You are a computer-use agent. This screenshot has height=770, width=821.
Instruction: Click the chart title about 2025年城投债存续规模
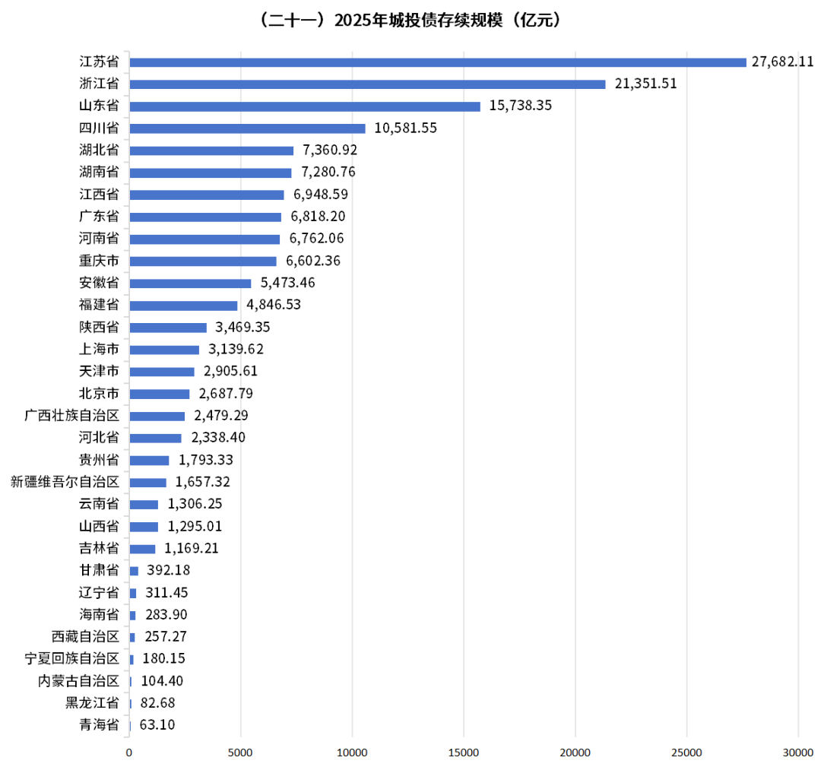click(410, 21)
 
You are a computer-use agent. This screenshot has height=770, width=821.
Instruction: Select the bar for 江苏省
click(438, 62)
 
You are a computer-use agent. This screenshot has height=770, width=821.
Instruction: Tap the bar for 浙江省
click(367, 84)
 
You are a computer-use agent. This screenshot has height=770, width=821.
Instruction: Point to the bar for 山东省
click(305, 106)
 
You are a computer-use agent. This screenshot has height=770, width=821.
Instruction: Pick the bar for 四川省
click(247, 128)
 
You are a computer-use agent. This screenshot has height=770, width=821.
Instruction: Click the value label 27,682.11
click(783, 62)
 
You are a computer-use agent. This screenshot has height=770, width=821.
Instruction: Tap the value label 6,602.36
click(313, 261)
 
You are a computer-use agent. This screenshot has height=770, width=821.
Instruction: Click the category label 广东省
click(99, 217)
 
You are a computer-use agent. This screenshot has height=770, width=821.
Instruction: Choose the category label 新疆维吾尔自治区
click(65, 482)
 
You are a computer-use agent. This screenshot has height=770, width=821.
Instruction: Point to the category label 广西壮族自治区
click(72, 416)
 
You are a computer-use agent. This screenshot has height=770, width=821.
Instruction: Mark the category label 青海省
click(99, 725)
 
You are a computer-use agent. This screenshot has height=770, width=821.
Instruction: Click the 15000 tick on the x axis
click(464, 753)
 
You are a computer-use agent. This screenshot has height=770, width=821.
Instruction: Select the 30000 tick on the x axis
click(797, 753)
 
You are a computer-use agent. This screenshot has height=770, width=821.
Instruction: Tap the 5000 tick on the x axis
click(241, 753)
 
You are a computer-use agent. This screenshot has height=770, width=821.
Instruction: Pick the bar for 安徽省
click(190, 284)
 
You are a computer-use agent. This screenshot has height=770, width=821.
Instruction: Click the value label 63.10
click(157, 725)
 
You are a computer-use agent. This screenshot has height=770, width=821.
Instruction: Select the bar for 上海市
click(164, 350)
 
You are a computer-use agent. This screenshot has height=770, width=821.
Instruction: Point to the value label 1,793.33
click(205, 460)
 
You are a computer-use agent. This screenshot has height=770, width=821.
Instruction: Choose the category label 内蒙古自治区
click(79, 681)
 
